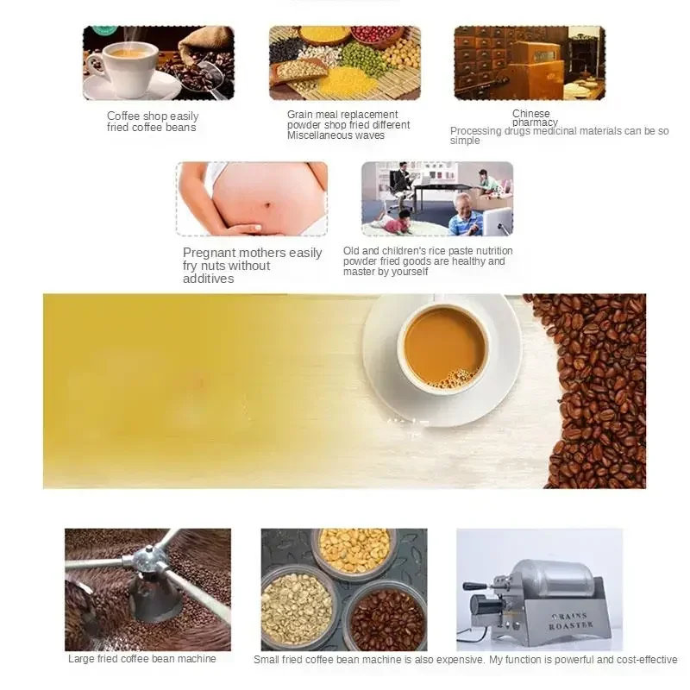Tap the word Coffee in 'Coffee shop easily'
pyautogui.click(x=122, y=116)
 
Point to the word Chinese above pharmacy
pyautogui.click(x=530, y=114)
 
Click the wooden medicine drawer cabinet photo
pyautogui.click(x=529, y=62)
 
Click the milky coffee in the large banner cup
pyautogui.click(x=443, y=346)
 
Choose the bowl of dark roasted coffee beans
pyautogui.click(x=386, y=618)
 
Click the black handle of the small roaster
pyautogui.click(x=477, y=586)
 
